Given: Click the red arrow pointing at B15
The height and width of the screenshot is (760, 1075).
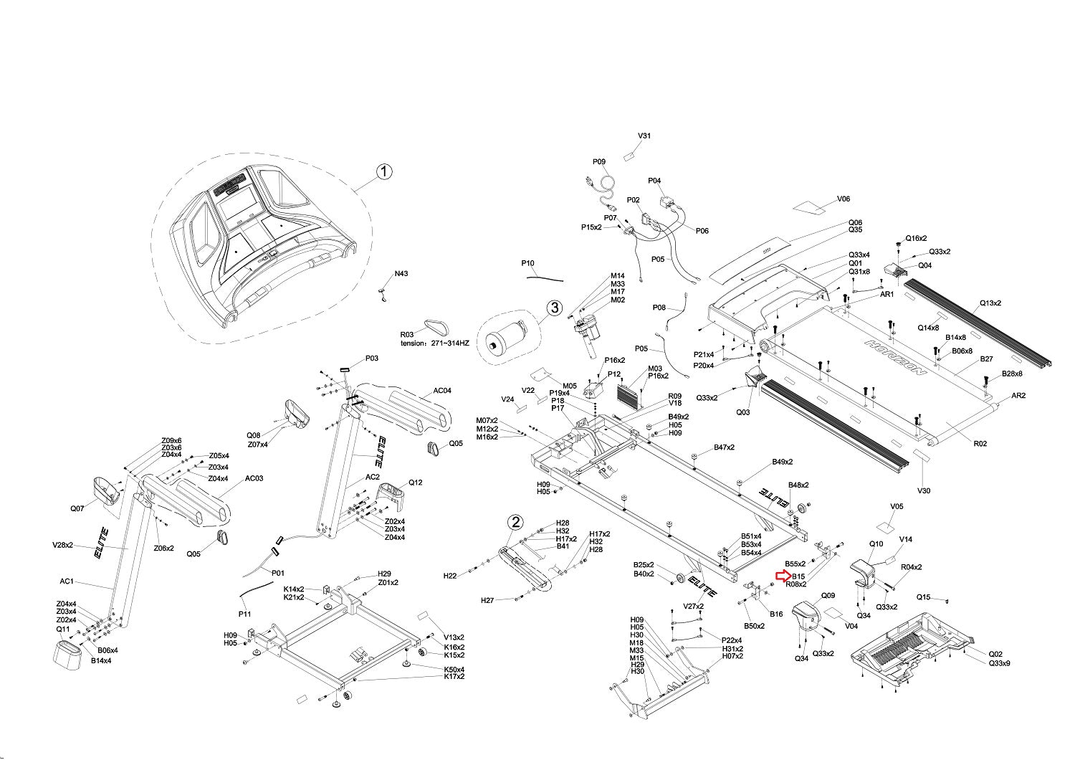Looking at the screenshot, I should [x=783, y=576].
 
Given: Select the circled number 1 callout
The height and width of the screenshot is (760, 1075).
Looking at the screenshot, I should [x=384, y=171].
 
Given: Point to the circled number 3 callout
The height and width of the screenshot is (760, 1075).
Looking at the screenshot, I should [x=554, y=308].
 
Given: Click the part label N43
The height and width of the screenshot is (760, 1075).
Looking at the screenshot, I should [x=401, y=274].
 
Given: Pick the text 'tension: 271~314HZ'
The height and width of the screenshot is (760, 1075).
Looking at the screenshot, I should [x=434, y=343].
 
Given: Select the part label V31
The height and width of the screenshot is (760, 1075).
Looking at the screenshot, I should [x=644, y=136].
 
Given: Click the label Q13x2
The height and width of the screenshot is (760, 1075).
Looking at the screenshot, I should [x=990, y=303].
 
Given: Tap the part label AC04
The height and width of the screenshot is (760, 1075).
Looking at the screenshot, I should [x=442, y=391].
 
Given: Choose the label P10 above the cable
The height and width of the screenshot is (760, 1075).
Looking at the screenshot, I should [x=527, y=263].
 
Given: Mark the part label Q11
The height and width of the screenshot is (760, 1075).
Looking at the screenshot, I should [x=63, y=629].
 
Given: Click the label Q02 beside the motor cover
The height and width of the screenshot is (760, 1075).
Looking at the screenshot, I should [x=995, y=654].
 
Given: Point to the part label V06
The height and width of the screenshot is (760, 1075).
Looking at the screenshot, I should [x=844, y=199].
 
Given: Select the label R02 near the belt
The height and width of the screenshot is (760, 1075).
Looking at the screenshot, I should [x=980, y=444].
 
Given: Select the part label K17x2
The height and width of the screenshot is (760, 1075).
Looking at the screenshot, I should [x=454, y=676].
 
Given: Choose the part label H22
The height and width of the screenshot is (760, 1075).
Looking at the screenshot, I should [x=450, y=576].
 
